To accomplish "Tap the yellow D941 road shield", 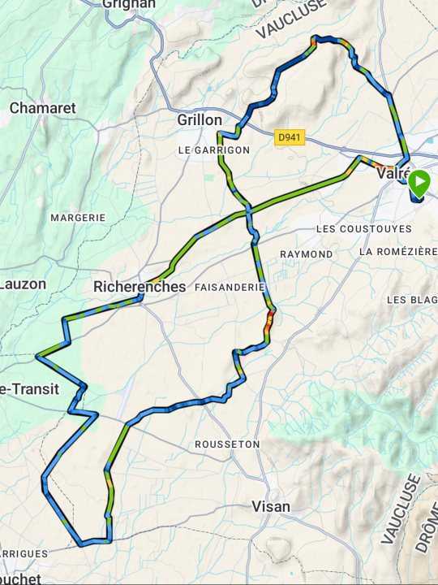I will (289, 138).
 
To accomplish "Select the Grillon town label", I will (200, 120).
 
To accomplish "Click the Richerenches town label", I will (140, 287).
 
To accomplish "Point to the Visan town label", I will (271, 506).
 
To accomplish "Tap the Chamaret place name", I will (42, 108).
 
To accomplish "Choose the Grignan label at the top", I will (128, 4).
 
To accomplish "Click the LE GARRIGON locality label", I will (214, 150).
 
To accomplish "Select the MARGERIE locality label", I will (78, 218).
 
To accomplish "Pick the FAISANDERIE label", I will (230, 288).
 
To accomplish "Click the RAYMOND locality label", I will (306, 254).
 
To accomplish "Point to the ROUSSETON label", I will (227, 444).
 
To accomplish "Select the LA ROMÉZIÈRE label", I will (397, 252).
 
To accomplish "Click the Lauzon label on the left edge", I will (23, 284).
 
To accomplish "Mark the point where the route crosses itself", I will (248, 210).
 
